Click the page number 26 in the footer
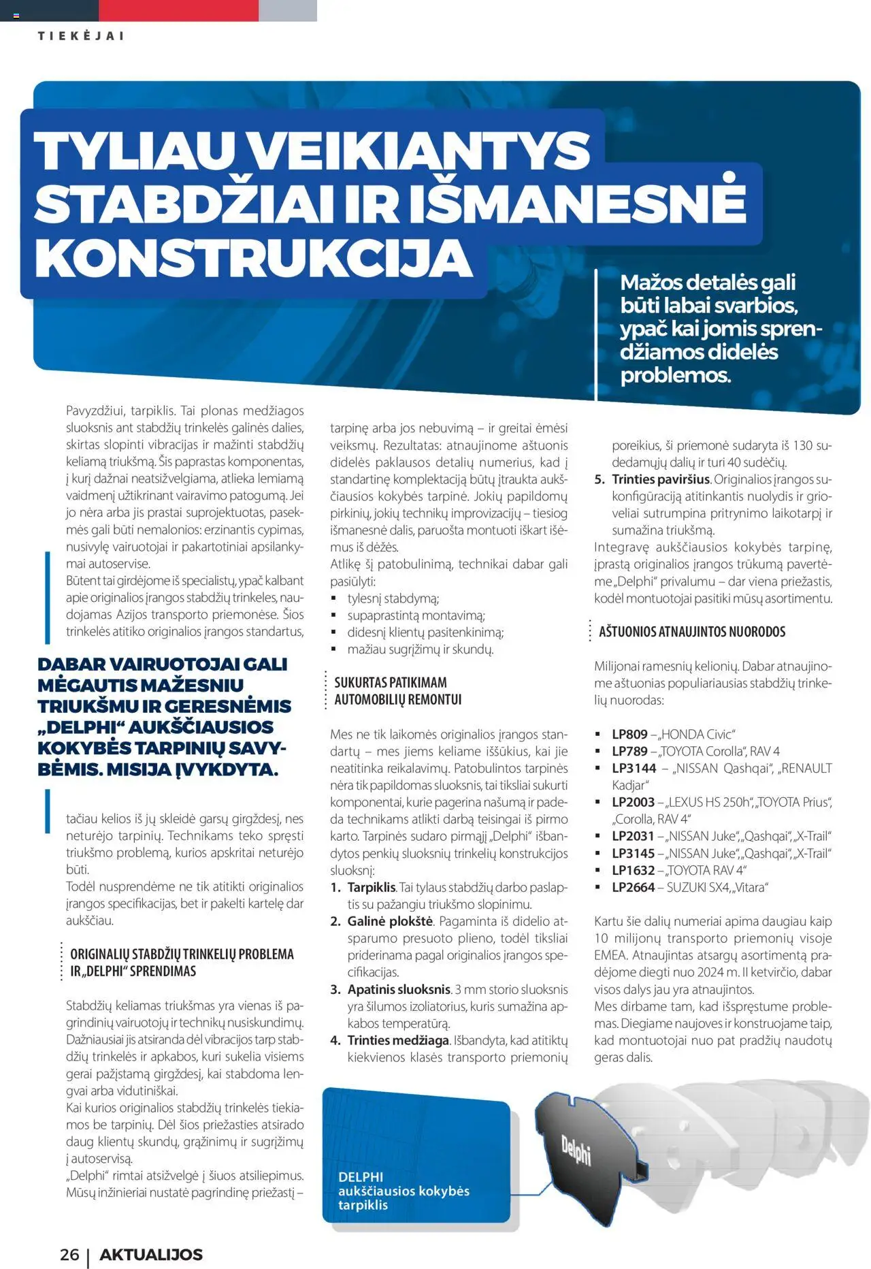pos(69,1254)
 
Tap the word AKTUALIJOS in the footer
pos(151,1254)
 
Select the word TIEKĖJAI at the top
pos(81,36)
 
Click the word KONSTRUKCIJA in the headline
pos(254,259)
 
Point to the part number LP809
pos(629,734)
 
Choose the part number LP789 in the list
pos(629,751)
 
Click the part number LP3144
pos(634,768)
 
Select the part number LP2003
pos(633,802)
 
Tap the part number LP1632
pos(633,870)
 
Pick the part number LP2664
pos(633,887)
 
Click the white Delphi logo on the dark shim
pos(576,1151)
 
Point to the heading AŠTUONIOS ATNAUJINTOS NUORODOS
pos(691,631)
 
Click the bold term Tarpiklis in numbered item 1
pos(372,887)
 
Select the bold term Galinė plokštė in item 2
pos(390,921)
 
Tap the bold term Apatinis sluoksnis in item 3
pos(399,989)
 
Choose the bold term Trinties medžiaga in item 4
pos(398,1040)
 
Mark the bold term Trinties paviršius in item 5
pos(661,479)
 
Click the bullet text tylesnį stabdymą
pos(393,598)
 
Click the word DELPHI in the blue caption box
pos(361,1176)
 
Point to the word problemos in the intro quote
pos(674,374)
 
